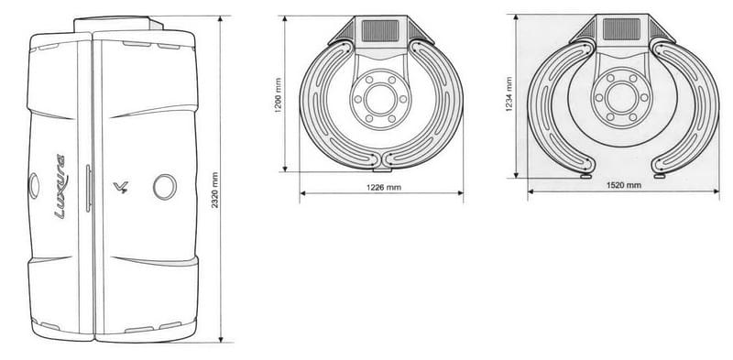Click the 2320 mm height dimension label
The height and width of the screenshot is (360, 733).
coord(214,191)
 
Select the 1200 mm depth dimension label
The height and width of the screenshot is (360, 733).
coord(278,96)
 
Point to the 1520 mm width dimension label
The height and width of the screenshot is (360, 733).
coord(624,185)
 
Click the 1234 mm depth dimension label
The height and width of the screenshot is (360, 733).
coord(509,93)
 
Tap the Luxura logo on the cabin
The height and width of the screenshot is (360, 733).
coord(60,186)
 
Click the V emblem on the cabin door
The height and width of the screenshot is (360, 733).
coord(121,188)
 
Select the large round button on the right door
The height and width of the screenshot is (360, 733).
coord(165,187)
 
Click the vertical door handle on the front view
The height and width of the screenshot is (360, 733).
coord(87,188)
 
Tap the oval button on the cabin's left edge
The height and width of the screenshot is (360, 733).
coord(34,186)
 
